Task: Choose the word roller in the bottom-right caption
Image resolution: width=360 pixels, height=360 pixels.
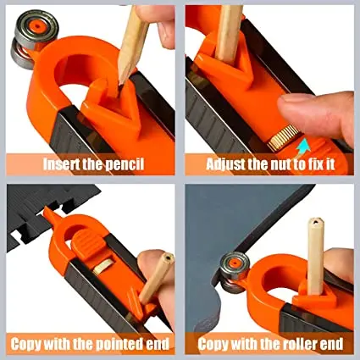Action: [x=285, y=344]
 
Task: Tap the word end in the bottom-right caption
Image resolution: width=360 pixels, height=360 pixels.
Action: [x=329, y=344]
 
